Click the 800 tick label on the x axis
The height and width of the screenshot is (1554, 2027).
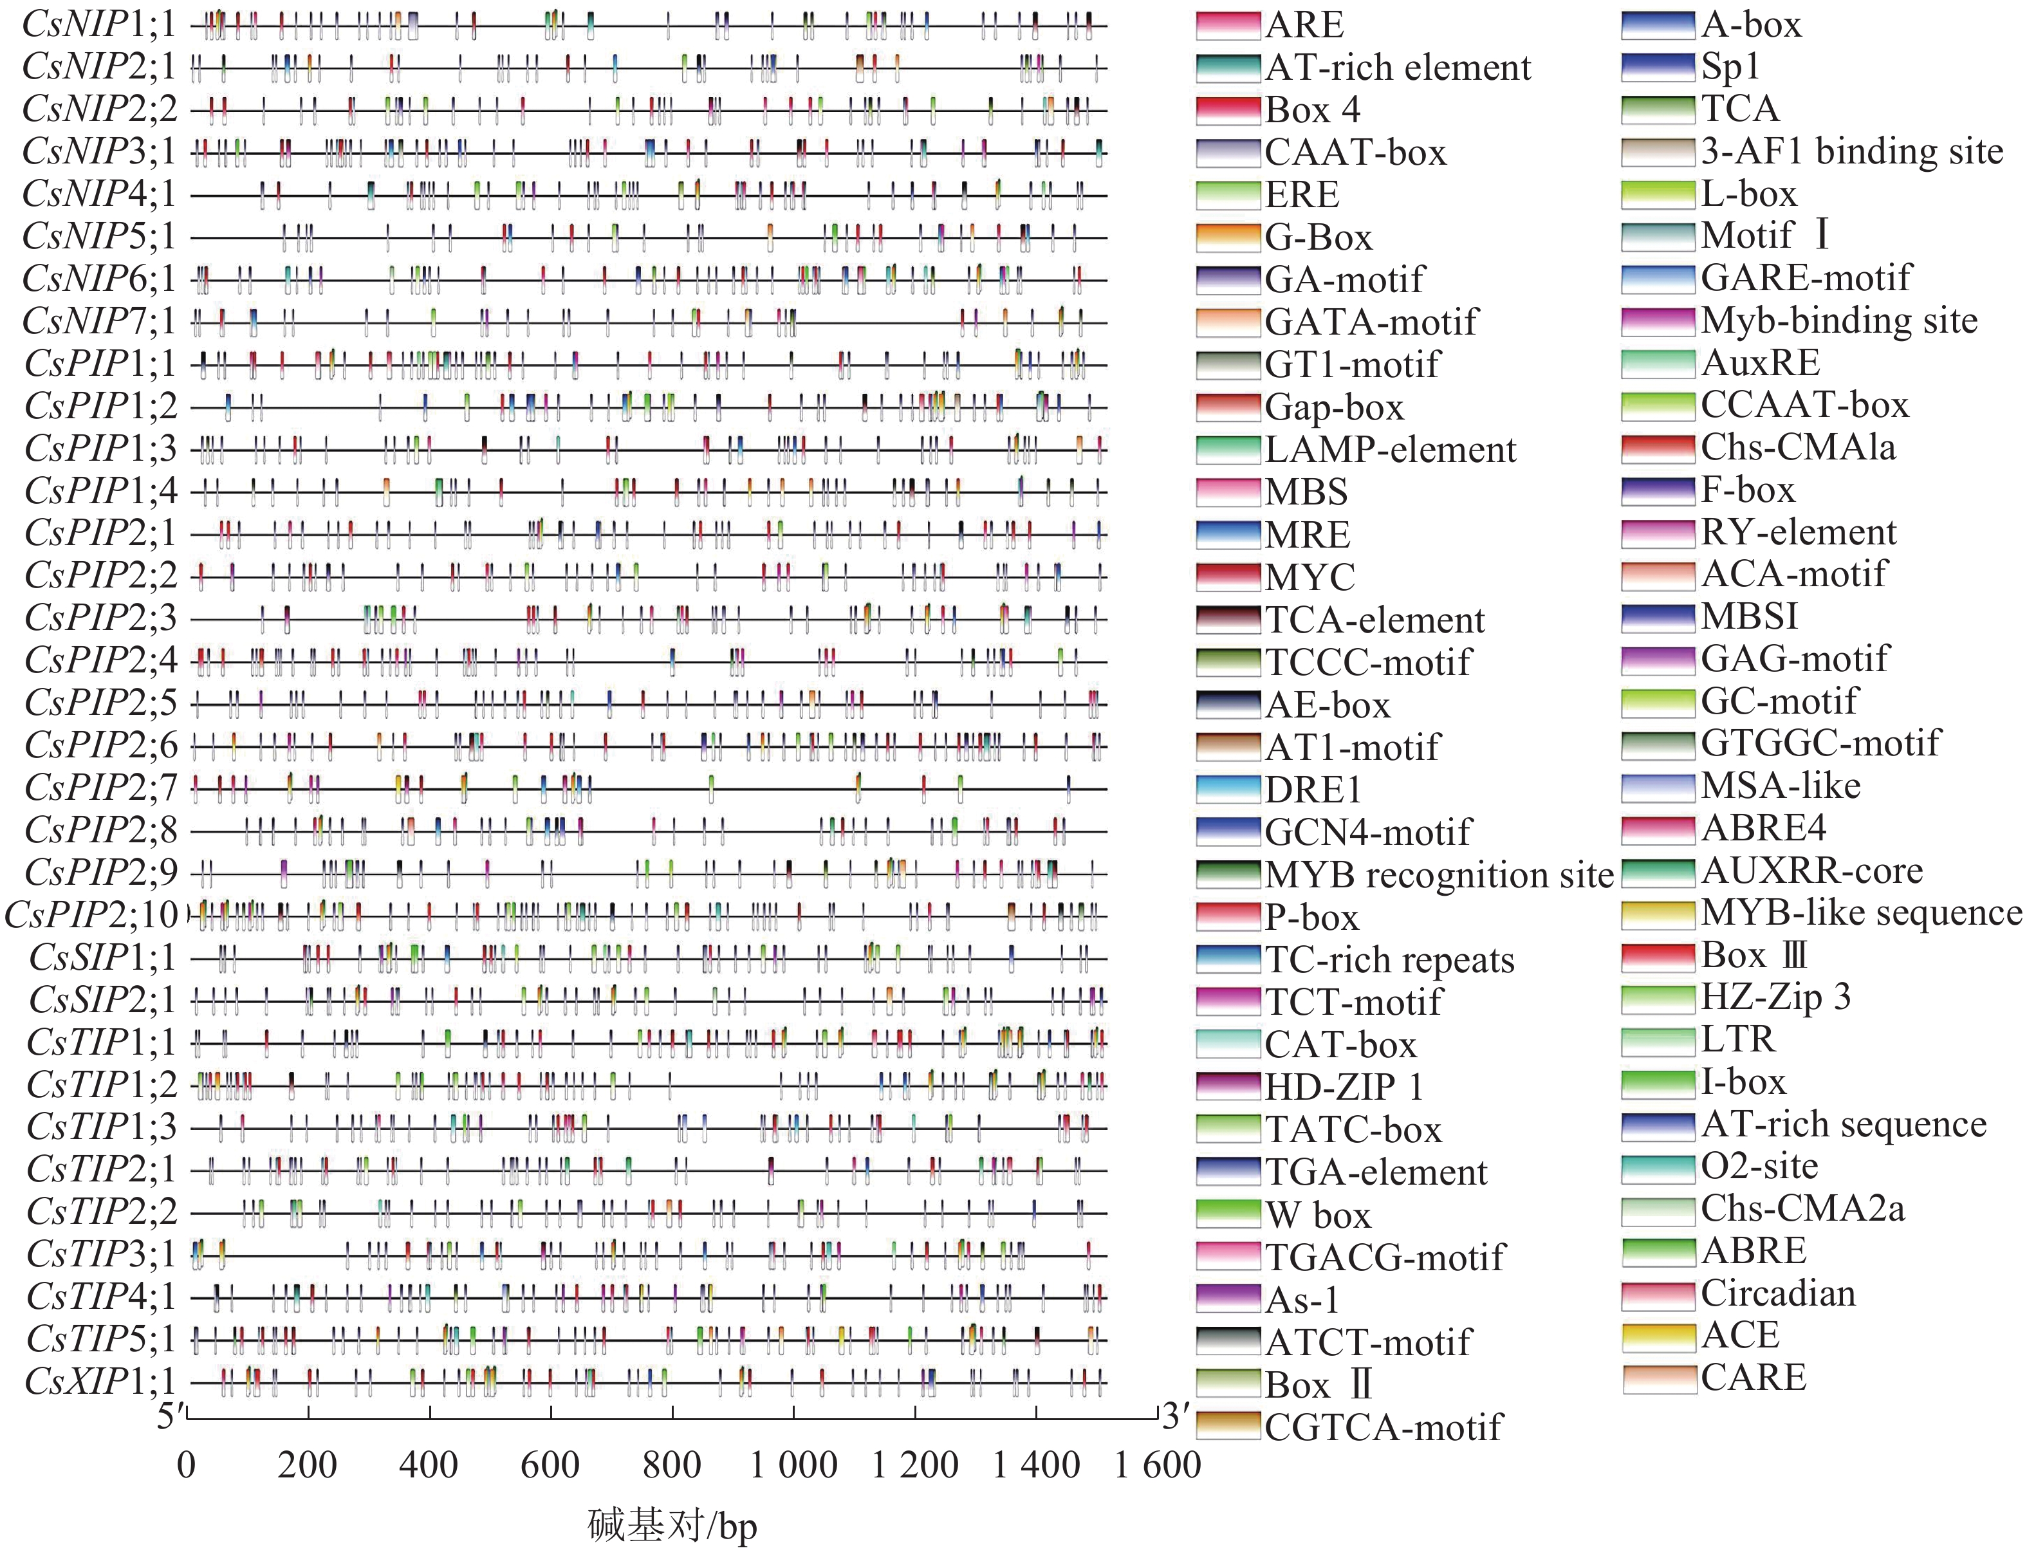click(672, 1466)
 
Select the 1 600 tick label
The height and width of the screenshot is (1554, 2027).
click(1158, 1466)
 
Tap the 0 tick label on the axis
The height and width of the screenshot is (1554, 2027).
click(187, 1466)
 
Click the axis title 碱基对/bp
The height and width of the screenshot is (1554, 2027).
click(672, 1525)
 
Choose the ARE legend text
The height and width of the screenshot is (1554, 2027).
click(1304, 25)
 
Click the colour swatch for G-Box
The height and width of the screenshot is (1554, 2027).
click(1228, 237)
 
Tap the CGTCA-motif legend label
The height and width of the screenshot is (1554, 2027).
click(1383, 1427)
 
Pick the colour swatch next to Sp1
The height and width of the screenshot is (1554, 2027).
click(1658, 67)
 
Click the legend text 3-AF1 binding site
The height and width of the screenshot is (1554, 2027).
click(1852, 152)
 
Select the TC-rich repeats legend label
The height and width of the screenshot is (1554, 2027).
click(1389, 960)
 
